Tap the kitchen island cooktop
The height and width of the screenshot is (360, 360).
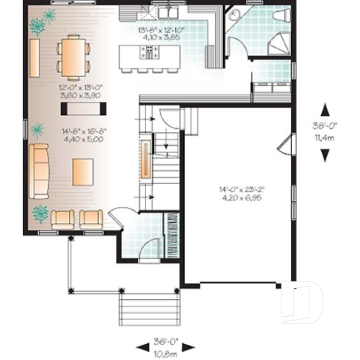(x=150, y=51)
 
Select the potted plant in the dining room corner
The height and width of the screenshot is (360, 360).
(x=37, y=24)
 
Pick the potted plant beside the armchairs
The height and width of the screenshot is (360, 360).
(x=41, y=215)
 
